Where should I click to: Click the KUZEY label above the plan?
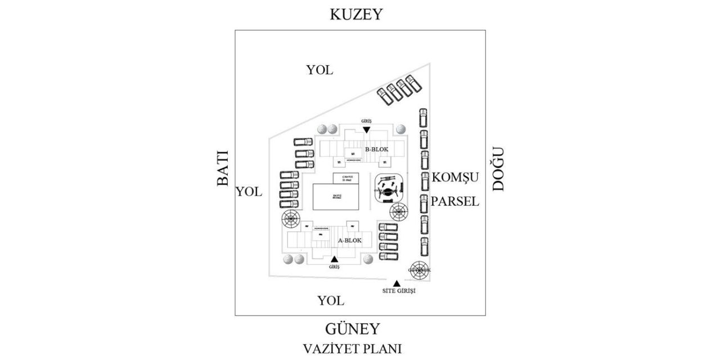(355, 14)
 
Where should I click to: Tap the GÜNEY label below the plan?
(353, 329)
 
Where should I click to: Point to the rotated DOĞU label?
(498, 169)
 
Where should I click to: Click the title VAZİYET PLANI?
(352, 349)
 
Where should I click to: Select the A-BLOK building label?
(349, 241)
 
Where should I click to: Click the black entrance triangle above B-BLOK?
(366, 130)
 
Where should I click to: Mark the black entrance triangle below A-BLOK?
(334, 259)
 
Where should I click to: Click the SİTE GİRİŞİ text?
(398, 291)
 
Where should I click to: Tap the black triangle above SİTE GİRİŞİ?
(397, 283)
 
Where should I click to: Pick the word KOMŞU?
(455, 178)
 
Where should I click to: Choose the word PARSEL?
(455, 201)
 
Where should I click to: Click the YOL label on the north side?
(319, 70)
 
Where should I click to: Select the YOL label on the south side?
(330, 301)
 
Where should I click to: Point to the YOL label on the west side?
(249, 192)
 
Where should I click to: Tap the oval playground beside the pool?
(389, 188)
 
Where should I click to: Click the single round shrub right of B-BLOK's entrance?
(400, 129)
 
